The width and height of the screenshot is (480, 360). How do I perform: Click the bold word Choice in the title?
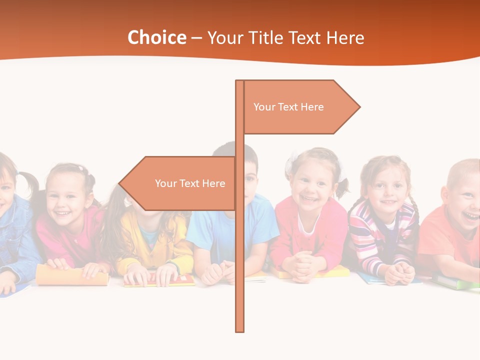pos(156,37)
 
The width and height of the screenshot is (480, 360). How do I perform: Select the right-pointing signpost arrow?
pos(300,107)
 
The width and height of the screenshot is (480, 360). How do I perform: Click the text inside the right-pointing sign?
pos(288,107)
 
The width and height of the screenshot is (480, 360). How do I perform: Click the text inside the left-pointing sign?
pos(190,183)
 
